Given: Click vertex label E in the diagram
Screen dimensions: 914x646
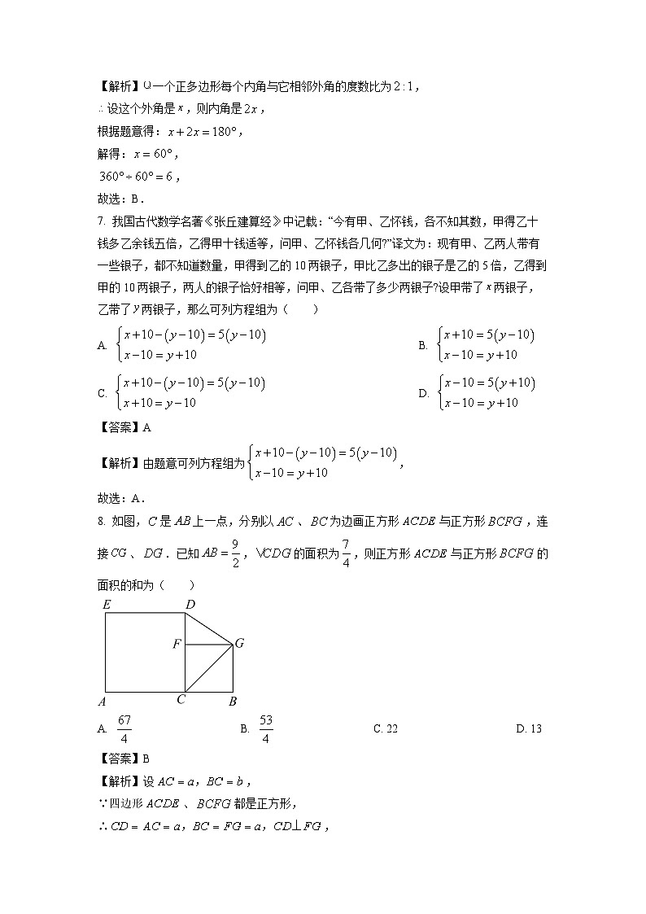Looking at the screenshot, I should tap(106, 605).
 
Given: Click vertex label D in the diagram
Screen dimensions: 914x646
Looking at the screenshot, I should tap(190, 605).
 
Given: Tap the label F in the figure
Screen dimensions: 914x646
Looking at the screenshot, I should tap(176, 645).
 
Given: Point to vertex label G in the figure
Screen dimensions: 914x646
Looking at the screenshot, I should tap(239, 644).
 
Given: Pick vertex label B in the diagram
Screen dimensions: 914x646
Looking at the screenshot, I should tap(233, 701).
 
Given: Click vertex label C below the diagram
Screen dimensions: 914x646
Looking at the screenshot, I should tap(181, 699).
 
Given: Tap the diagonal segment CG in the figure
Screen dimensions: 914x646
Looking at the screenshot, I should tap(209, 669).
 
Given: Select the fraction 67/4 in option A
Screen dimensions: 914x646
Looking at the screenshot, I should tap(124, 729).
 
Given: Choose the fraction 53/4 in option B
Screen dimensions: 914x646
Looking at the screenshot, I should tap(266, 729).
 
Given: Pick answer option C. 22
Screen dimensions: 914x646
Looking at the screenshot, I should tap(385, 729).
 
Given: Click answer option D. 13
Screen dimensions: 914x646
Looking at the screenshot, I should tap(528, 729).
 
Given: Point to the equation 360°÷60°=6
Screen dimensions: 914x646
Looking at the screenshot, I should tap(134, 177).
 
